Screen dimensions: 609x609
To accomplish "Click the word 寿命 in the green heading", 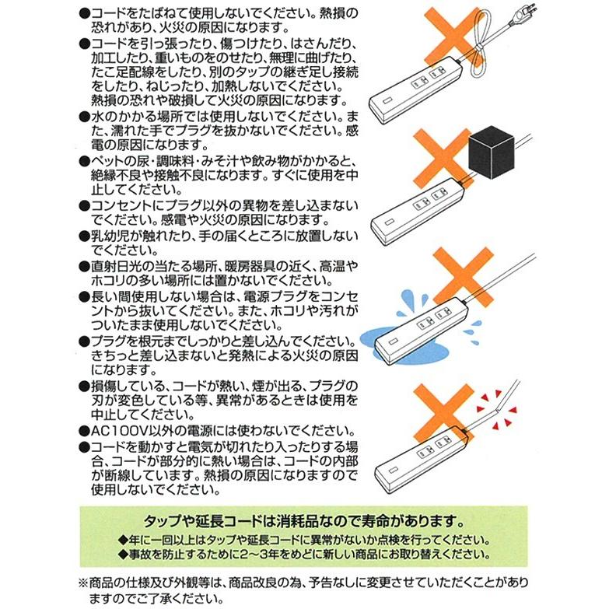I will tap(378, 520).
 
